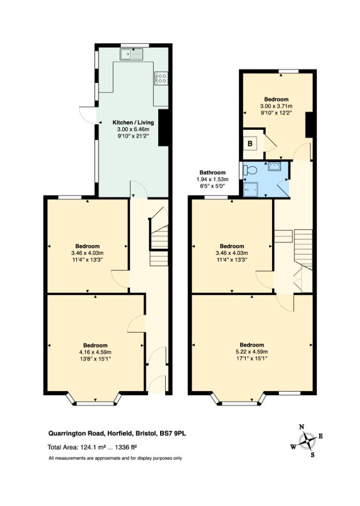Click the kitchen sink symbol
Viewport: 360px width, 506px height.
pos(132,54)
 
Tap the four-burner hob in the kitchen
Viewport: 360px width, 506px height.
pos(162,78)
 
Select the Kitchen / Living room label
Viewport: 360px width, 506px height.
pos(133,122)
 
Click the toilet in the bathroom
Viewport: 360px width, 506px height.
pos(250,170)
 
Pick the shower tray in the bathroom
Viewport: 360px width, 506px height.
pos(251,189)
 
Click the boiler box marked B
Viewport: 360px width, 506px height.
pos(250,144)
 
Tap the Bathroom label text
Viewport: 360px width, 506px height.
pos(212,172)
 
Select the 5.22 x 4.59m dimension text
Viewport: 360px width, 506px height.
pos(251,352)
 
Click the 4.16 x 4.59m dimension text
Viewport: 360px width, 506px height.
pos(95,352)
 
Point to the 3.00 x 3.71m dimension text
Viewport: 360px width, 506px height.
pos(276,106)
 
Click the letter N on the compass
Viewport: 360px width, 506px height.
pos(301,427)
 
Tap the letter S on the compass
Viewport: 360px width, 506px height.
pos(313,454)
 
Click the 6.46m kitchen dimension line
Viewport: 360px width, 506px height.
pos(133,129)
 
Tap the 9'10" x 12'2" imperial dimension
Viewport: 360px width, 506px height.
pos(276,113)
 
